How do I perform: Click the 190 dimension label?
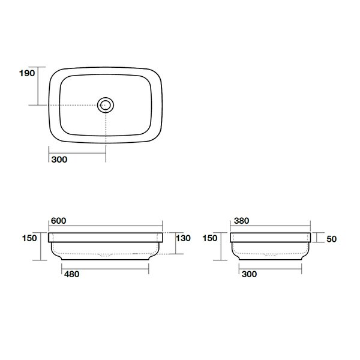pos(27,73)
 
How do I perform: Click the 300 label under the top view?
pos(59,160)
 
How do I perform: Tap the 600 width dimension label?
pos(59,221)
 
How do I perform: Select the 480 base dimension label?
pos(71,274)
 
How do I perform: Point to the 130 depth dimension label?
pos(183,238)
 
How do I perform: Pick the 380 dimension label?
pos(242,221)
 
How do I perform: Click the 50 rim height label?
pos(332,239)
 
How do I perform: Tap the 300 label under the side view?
pos(249,274)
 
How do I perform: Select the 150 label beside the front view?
pos(29,238)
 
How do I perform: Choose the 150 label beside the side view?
pos(210,238)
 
